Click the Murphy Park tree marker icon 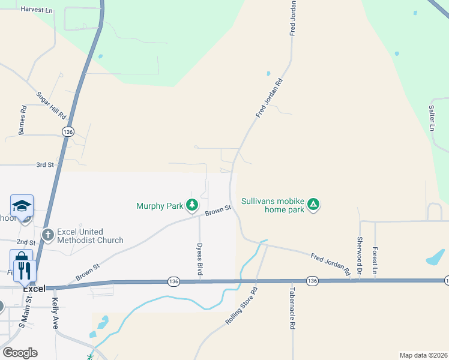[192, 206]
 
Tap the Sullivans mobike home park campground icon [313, 205]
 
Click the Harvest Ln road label [37, 10]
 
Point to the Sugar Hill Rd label [50, 104]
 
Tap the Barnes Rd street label [22, 120]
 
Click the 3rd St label [45, 164]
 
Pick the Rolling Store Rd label [241, 306]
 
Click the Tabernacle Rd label [293, 314]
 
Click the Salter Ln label [432, 118]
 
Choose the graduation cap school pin [22, 206]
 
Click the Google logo [20, 353]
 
